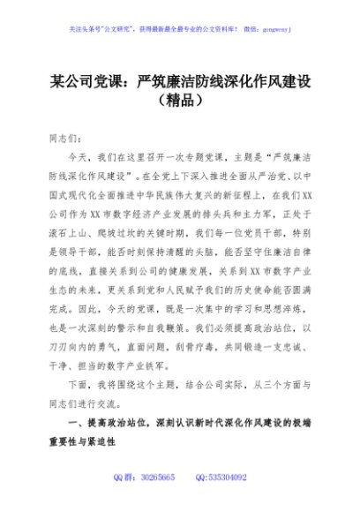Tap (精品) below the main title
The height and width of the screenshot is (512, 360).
coord(180,102)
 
